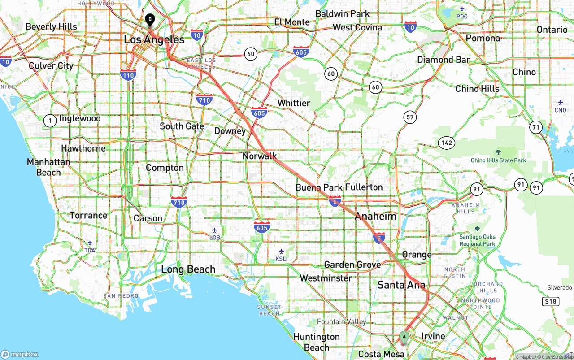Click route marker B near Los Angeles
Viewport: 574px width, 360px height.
pyautogui.click(x=150, y=20)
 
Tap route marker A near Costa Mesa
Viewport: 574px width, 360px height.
pyautogui.click(x=404, y=337)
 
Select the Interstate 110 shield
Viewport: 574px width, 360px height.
pyautogui.click(x=128, y=75)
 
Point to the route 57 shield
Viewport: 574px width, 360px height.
pyautogui.click(x=410, y=117)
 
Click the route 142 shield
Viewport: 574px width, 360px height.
pyautogui.click(x=447, y=143)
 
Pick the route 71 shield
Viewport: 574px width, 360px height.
pyautogui.click(x=535, y=127)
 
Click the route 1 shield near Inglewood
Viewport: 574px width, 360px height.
pyautogui.click(x=50, y=120)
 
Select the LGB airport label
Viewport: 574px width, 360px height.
pyautogui.click(x=215, y=234)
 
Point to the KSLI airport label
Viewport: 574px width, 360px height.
pyautogui.click(x=281, y=255)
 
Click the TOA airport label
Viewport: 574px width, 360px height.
pyautogui.click(x=90, y=247)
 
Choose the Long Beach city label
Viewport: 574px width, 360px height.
pyautogui.click(x=188, y=269)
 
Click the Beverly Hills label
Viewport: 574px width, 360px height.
pyautogui.click(x=51, y=27)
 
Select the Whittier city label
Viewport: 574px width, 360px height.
pyautogui.click(x=294, y=103)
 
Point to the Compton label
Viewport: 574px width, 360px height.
pyautogui.click(x=165, y=168)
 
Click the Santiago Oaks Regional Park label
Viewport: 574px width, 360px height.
pyautogui.click(x=477, y=240)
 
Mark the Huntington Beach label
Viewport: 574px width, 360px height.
pyautogui.click(x=317, y=342)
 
